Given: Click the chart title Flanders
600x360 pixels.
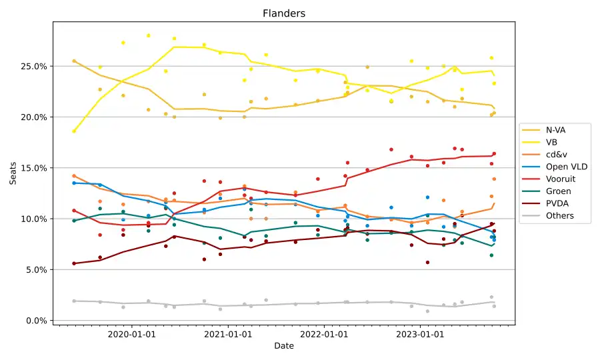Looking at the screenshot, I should (x=284, y=13).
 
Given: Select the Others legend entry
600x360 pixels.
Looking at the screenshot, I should (x=559, y=216).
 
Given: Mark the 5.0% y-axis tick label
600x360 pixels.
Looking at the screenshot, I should (x=35, y=270).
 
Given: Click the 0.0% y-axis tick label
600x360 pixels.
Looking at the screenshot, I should (x=35, y=321).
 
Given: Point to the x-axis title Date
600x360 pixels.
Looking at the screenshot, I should (x=284, y=347).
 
